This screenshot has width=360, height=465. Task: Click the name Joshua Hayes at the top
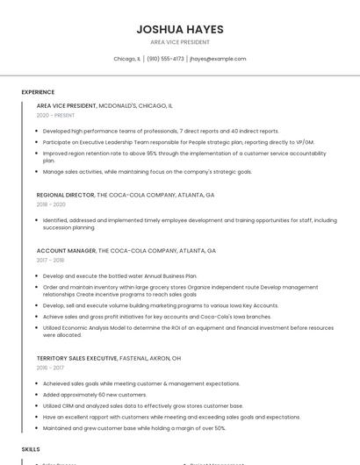click(180, 29)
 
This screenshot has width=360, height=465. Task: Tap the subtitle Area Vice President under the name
click(180, 42)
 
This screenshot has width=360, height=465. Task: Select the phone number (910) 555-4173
click(165, 59)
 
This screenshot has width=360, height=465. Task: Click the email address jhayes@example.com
click(218, 59)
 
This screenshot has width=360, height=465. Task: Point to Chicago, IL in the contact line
click(127, 59)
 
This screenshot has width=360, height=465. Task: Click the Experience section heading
click(38, 92)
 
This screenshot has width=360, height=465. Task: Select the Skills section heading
click(31, 448)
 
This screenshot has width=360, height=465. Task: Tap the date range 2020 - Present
click(55, 115)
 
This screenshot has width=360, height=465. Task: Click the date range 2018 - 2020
click(51, 204)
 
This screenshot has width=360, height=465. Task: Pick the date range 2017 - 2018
click(50, 260)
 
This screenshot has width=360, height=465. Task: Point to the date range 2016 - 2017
click(50, 368)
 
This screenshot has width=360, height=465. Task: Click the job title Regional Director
click(65, 194)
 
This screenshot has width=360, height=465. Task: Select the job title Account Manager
click(65, 250)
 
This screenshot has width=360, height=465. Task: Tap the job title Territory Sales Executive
click(76, 358)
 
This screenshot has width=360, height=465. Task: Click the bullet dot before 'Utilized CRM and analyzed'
click(39, 406)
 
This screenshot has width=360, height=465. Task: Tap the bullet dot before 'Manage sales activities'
click(39, 172)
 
